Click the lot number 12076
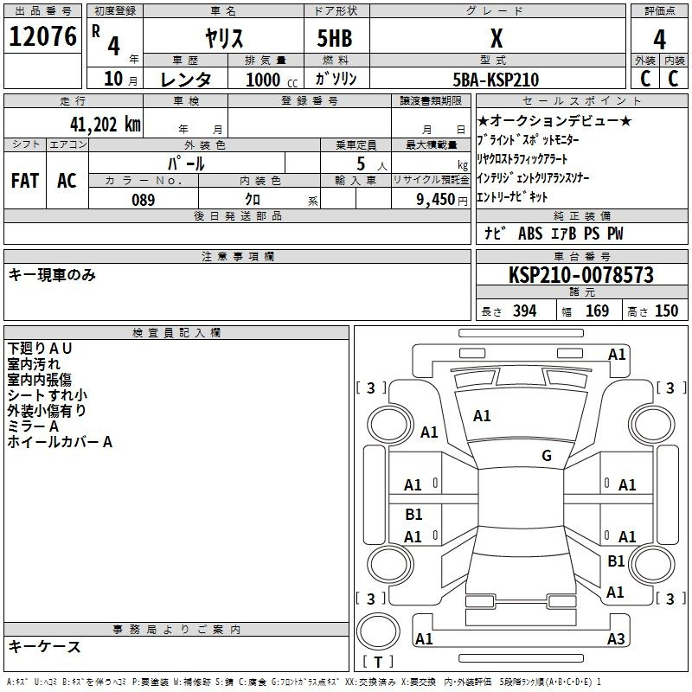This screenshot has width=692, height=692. [43, 38]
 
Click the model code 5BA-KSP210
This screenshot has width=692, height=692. [496, 80]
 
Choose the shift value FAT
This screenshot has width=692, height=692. [24, 181]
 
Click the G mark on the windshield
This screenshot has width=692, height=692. [547, 456]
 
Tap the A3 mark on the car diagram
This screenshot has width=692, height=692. [616, 639]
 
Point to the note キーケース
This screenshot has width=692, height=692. [44, 647]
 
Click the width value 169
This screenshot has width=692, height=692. [597, 311]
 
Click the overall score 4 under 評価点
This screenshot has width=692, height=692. [659, 38]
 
